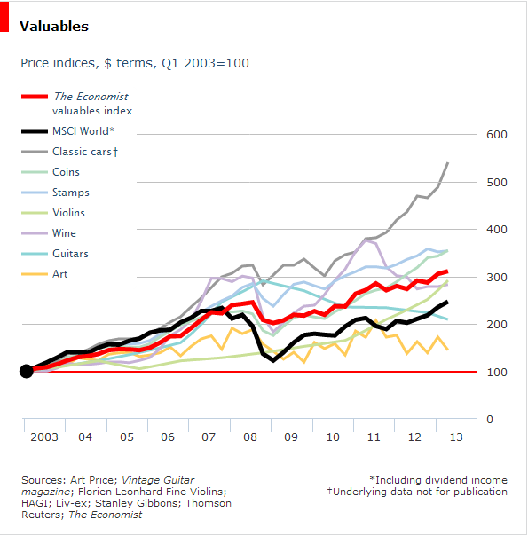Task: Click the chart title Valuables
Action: (x=54, y=26)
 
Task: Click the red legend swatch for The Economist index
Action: (x=34, y=97)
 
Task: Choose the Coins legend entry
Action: (x=66, y=172)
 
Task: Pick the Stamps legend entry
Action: (x=70, y=193)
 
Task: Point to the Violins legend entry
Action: (x=70, y=213)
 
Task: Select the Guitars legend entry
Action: (x=70, y=254)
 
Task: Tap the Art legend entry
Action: (x=59, y=274)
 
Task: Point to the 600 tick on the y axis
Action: (x=494, y=135)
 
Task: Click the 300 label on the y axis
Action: (x=494, y=277)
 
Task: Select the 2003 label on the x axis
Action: (x=43, y=437)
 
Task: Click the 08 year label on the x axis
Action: (x=249, y=437)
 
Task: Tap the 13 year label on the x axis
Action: (x=454, y=437)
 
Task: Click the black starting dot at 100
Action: (x=27, y=371)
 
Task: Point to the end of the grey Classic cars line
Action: (x=448, y=163)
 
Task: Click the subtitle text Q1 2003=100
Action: (x=204, y=63)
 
